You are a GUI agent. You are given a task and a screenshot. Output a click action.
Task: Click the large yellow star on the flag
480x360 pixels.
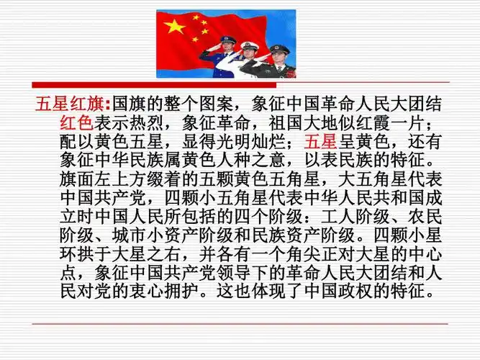click(174, 27)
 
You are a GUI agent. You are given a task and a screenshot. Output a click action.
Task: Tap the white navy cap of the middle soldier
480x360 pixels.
click(249, 46)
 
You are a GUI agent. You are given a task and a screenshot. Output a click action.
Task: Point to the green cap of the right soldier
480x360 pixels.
click(279, 50)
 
